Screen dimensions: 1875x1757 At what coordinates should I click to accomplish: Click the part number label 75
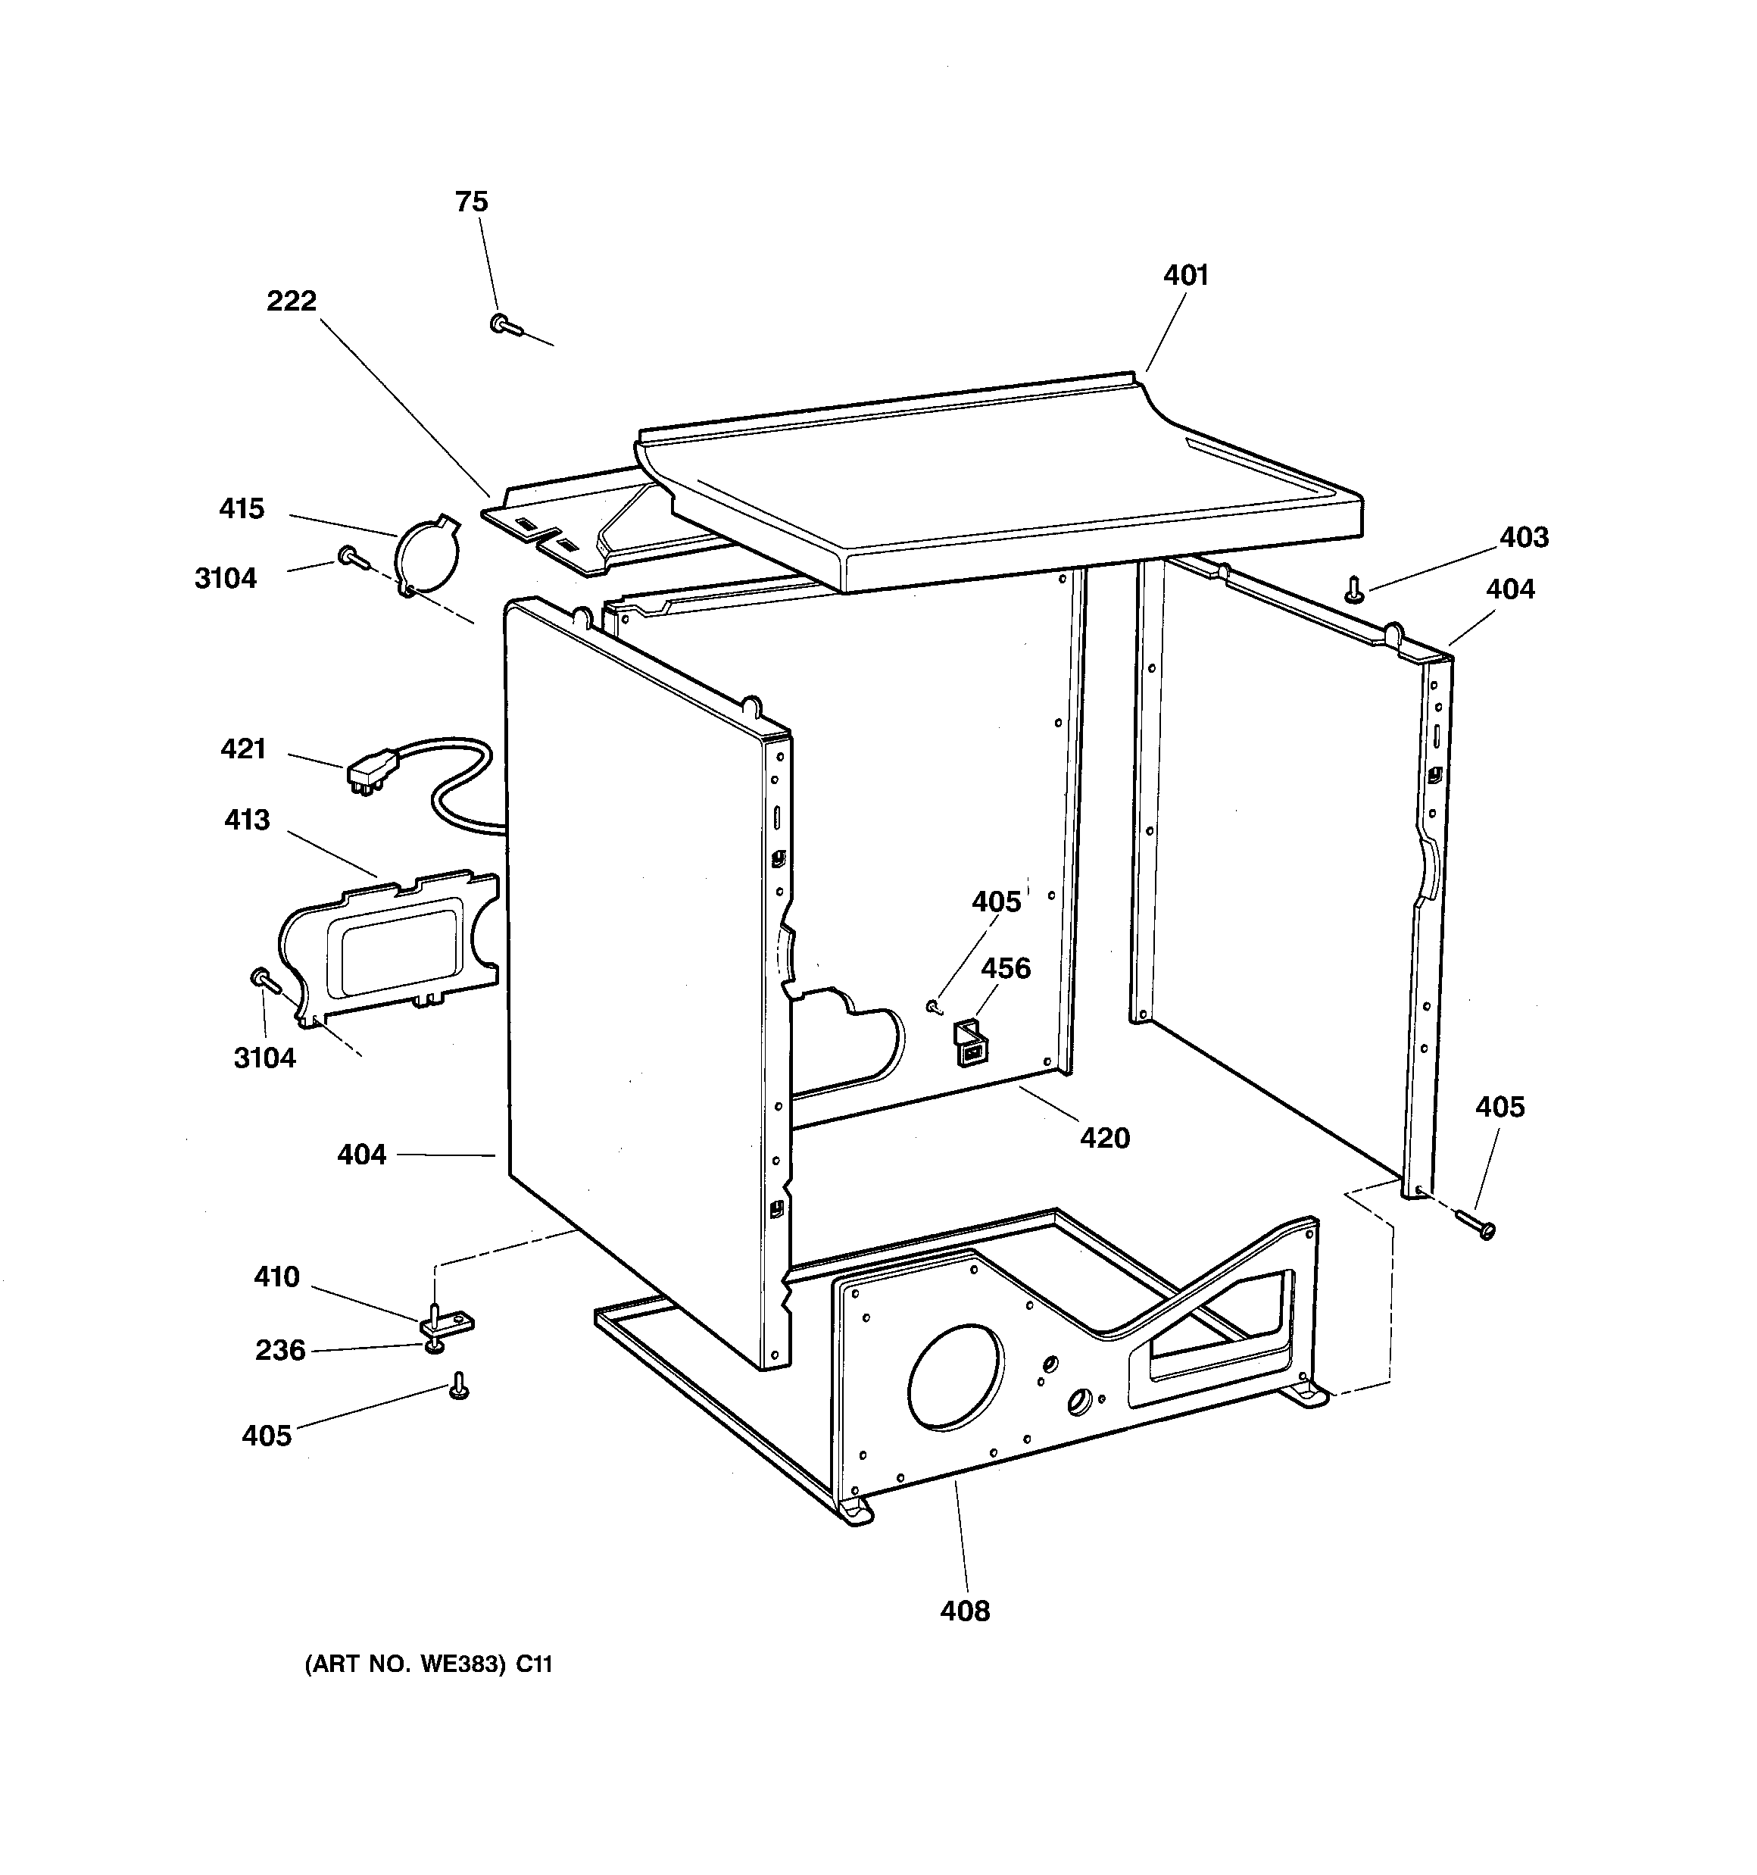(472, 202)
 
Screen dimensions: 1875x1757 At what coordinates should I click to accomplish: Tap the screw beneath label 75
(505, 326)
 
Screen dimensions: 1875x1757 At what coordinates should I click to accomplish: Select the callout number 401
(1185, 276)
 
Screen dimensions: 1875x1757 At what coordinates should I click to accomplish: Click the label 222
(292, 301)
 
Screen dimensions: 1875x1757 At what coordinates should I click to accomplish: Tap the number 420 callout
(1104, 1139)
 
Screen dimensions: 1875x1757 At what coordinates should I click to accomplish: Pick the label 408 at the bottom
(965, 1611)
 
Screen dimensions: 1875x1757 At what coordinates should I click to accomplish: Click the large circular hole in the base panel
(954, 1378)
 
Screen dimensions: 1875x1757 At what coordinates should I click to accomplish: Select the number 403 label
(1524, 538)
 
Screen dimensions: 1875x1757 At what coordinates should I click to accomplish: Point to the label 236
(280, 1351)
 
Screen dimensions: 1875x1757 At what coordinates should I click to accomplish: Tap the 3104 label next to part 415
(226, 578)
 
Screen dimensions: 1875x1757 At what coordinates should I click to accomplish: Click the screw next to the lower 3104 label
(263, 982)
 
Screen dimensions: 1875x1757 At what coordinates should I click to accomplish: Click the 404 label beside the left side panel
(362, 1155)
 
